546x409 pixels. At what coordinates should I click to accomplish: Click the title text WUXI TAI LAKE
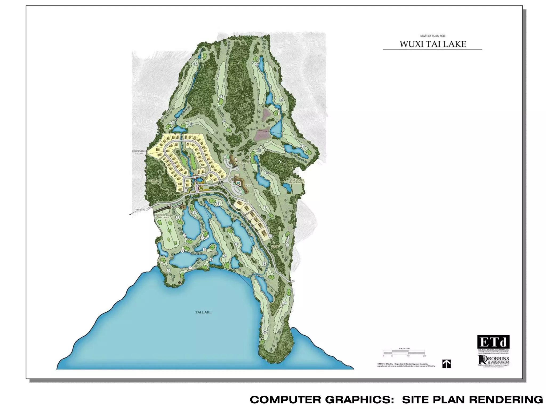[x=432, y=44]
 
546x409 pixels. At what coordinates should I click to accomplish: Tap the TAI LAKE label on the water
[x=203, y=312]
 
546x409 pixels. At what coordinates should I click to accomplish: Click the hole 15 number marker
[x=257, y=65]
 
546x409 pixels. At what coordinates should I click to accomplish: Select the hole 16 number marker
[x=281, y=100]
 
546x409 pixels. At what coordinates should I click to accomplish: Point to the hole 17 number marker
[x=302, y=146]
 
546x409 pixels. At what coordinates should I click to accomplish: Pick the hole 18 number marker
[x=259, y=151]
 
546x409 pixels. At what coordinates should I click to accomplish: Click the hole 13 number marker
[x=221, y=97]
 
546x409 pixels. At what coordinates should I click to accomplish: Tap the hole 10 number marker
[x=190, y=124]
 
